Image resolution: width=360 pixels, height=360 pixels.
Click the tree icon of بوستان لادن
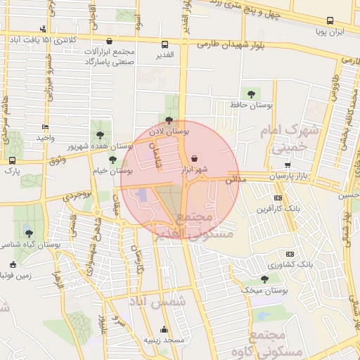(x=169, y=120)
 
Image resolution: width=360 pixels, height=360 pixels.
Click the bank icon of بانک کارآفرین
(x=278, y=198)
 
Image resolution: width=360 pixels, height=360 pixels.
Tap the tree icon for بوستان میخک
(x=264, y=278)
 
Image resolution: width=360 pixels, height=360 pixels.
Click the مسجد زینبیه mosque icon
(x=165, y=328)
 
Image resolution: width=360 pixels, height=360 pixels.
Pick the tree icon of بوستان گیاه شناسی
(x=27, y=233)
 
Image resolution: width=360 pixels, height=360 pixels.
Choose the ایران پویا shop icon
(x=329, y=22)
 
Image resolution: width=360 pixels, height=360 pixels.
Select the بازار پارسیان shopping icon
(x=287, y=164)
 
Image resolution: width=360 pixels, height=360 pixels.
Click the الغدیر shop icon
(x=165, y=44)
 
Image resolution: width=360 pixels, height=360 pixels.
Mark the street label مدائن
(x=237, y=180)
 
